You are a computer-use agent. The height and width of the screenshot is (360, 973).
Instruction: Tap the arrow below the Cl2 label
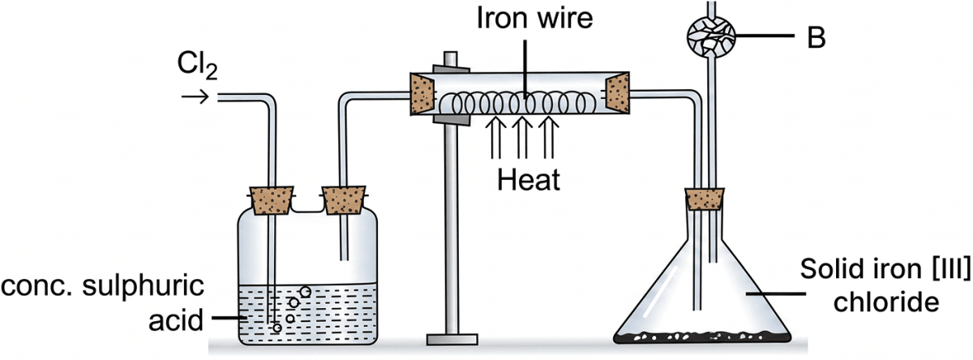point(195,97)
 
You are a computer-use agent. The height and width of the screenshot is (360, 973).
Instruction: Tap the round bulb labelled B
point(710,36)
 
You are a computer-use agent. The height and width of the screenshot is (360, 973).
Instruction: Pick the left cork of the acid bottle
point(269,199)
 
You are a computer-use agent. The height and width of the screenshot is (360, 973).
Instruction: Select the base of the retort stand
point(451,337)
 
